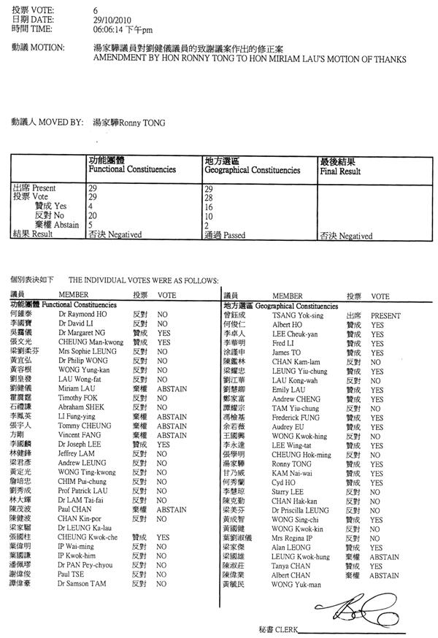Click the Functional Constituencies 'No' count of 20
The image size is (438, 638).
93,217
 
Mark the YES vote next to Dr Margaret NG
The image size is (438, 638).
164,332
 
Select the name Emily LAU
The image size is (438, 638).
288,390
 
